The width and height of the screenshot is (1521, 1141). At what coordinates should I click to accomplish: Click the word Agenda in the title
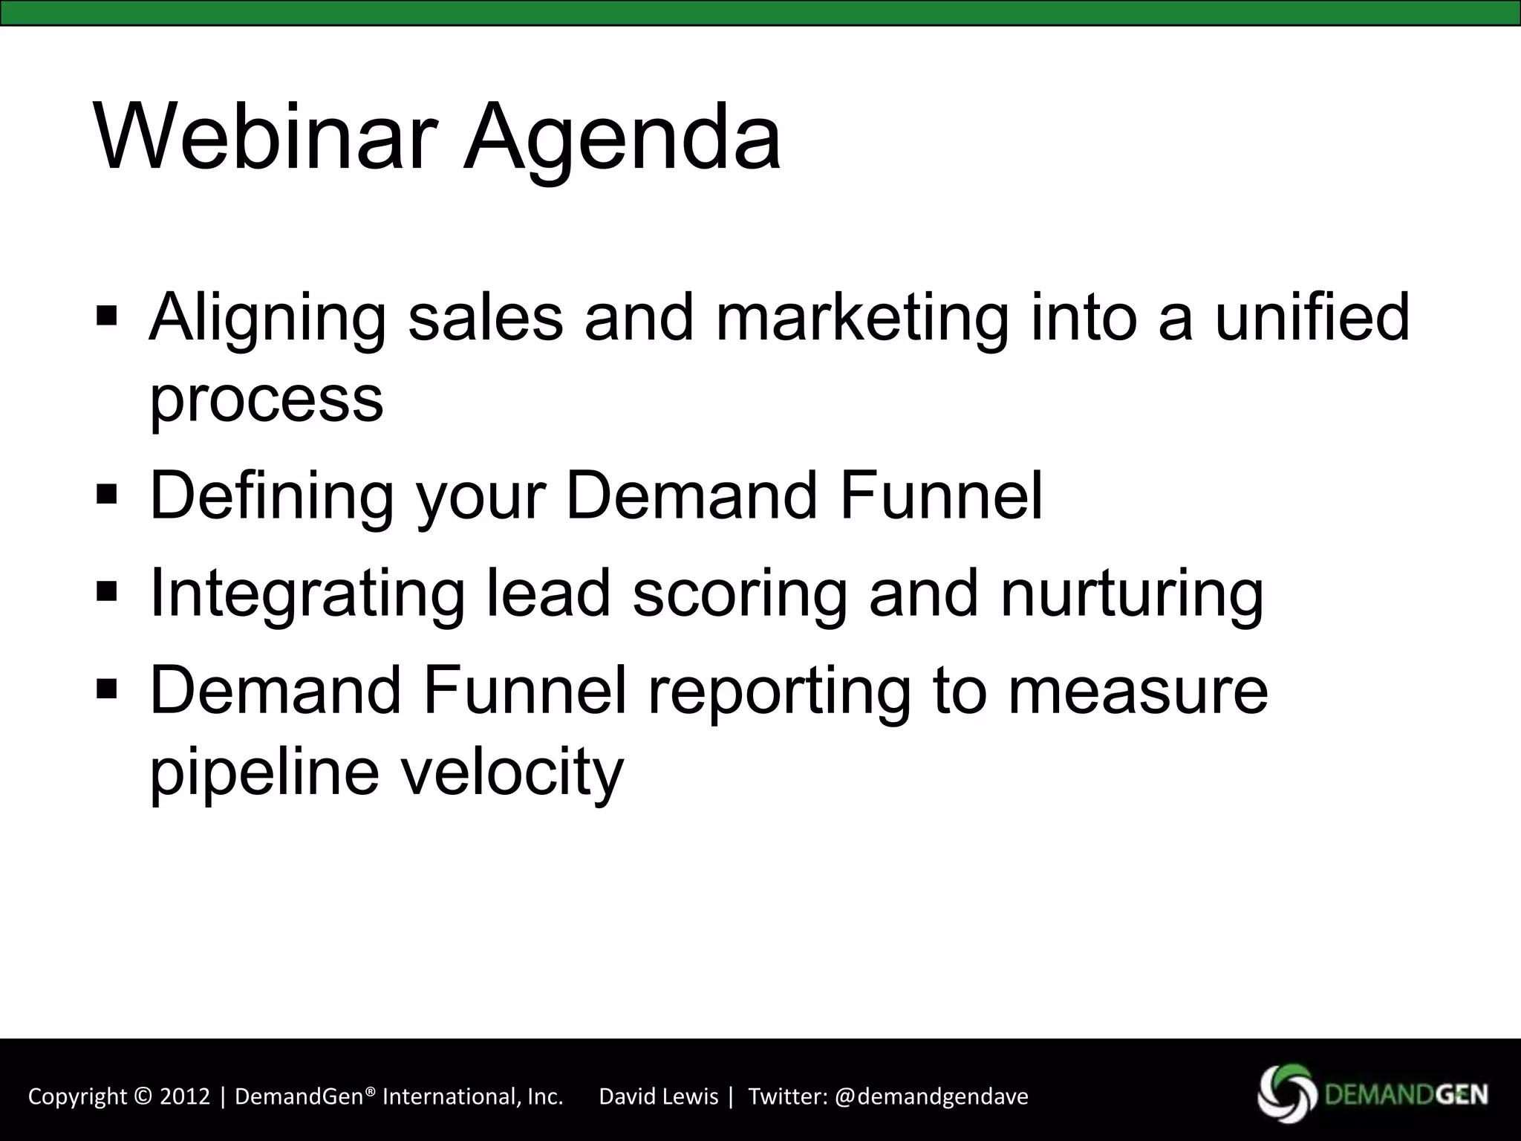(x=622, y=139)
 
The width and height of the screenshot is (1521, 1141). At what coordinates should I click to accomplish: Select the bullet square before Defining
(x=107, y=494)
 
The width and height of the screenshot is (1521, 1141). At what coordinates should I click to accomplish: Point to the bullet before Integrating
(x=107, y=592)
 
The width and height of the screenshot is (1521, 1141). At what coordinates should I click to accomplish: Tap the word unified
(x=1312, y=317)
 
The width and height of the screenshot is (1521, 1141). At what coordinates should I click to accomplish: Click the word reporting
(x=779, y=691)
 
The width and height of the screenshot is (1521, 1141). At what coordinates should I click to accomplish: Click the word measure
(x=1138, y=691)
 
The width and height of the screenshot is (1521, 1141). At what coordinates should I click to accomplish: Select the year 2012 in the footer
(x=186, y=1096)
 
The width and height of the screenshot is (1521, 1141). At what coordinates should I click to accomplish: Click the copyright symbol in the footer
(x=143, y=1096)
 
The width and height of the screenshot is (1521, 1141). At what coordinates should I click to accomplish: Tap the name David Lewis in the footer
(x=658, y=1096)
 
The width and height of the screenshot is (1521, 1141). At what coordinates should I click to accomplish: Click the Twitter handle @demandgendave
(x=931, y=1096)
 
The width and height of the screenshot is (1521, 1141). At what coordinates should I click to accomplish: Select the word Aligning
(x=267, y=317)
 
